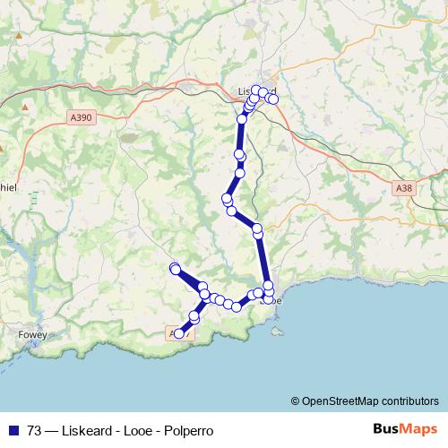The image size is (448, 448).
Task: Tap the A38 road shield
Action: click(x=403, y=189)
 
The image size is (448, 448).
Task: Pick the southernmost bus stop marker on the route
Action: click(x=179, y=334)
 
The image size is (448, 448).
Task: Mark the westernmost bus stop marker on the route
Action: click(x=175, y=268)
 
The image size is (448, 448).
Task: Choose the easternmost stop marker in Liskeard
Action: click(x=273, y=99)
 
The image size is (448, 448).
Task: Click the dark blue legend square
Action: click(x=14, y=430)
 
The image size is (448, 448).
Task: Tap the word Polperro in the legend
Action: click(x=189, y=430)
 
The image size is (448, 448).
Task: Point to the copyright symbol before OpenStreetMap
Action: click(x=296, y=401)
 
